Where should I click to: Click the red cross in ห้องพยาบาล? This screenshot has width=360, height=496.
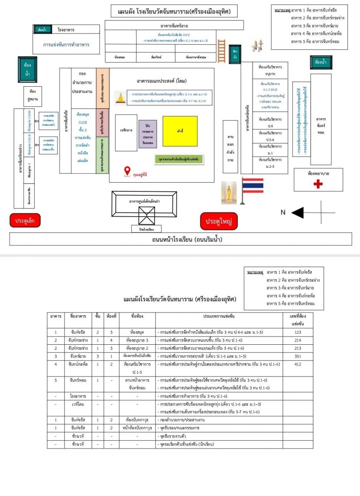(318, 184)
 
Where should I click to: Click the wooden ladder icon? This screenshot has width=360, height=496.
(222, 51)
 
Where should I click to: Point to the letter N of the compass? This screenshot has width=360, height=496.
(283, 212)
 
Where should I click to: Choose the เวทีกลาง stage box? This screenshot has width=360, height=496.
(126, 133)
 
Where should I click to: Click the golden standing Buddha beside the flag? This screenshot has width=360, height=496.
(228, 192)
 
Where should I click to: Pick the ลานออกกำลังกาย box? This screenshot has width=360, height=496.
(230, 147)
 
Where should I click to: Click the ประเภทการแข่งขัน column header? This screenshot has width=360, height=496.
(219, 317)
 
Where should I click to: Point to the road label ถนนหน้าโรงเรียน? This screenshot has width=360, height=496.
(180, 239)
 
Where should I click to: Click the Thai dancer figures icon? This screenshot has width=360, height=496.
(258, 45)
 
